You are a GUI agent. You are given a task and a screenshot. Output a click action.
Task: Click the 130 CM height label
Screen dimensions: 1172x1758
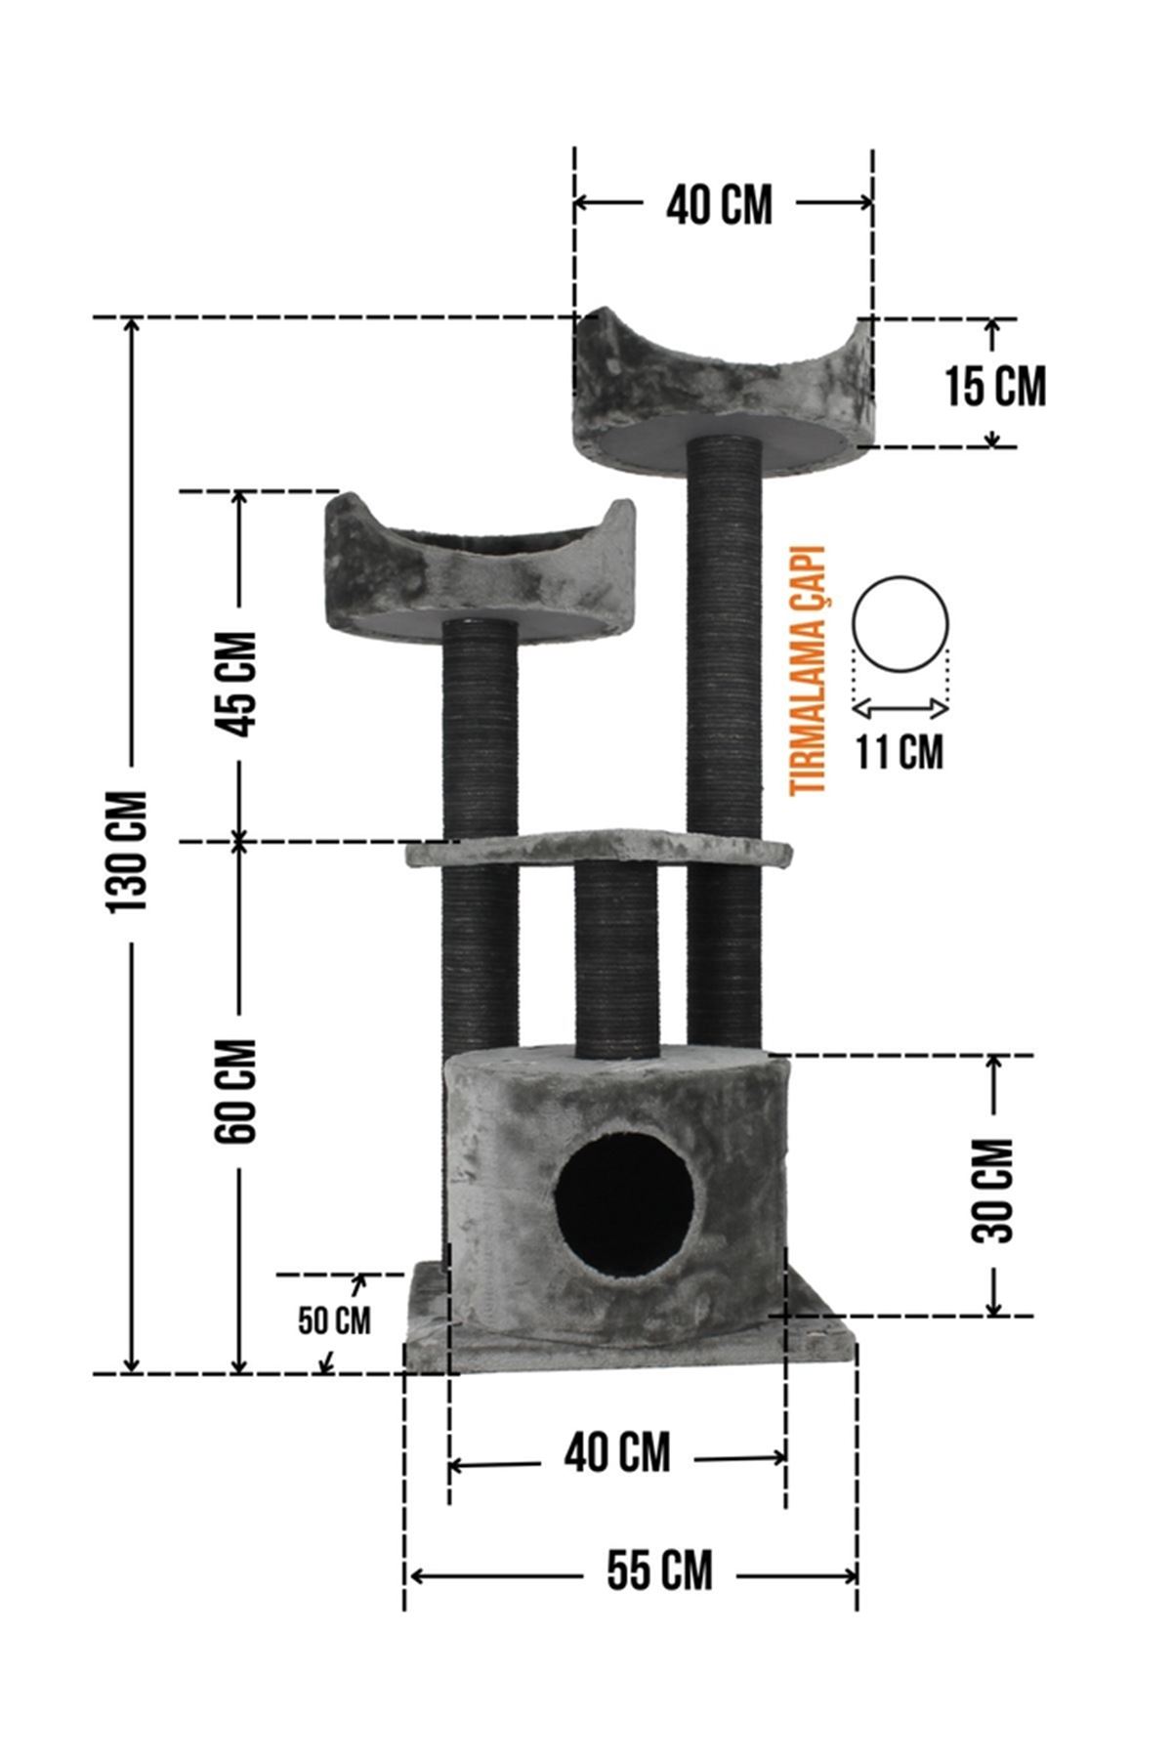click(x=128, y=851)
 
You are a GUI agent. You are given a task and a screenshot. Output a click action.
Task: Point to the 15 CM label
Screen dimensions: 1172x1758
click(x=995, y=387)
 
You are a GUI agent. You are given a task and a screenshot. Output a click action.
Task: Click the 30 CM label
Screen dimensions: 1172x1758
click(x=993, y=1190)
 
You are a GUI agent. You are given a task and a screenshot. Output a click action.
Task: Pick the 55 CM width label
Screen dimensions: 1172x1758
click(x=659, y=1570)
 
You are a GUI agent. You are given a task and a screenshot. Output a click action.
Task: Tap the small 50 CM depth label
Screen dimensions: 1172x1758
click(x=334, y=1320)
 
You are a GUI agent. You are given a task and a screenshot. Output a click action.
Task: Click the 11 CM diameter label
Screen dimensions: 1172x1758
click(x=900, y=751)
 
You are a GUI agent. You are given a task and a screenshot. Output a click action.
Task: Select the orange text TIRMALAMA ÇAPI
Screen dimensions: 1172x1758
click(x=810, y=671)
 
